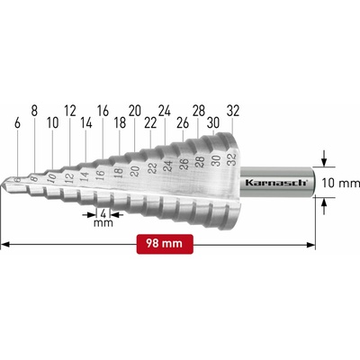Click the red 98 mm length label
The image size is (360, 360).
(165, 244)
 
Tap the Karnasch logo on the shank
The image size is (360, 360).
(276, 183)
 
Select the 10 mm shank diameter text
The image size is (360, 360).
(340, 183)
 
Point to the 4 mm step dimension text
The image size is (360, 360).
(103, 218)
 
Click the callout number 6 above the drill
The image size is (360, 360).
(17, 123)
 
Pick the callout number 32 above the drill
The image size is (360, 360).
(233, 111)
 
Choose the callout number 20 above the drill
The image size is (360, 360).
(135, 111)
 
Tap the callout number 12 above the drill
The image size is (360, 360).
(70, 111)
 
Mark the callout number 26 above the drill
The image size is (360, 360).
(183, 123)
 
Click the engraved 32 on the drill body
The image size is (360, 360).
(232, 159)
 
